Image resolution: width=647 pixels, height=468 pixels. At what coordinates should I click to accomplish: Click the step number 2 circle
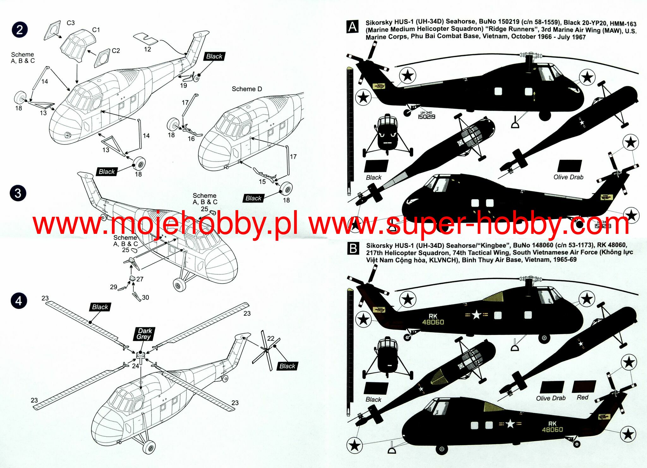click(20, 30)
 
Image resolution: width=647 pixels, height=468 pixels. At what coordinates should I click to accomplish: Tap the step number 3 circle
click(18, 193)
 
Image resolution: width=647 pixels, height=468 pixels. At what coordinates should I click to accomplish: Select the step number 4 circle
click(19, 301)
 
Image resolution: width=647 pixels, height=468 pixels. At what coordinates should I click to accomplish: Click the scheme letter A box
click(353, 27)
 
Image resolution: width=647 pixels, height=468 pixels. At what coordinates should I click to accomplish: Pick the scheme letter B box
click(353, 249)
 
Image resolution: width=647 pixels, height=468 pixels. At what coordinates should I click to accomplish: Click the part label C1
click(96, 30)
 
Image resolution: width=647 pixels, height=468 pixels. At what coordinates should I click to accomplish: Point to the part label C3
click(71, 23)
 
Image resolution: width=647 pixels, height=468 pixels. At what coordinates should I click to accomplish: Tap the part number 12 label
click(148, 49)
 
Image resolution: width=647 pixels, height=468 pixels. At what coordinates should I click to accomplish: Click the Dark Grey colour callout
click(144, 334)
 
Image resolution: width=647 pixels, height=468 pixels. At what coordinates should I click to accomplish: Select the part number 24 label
click(136, 366)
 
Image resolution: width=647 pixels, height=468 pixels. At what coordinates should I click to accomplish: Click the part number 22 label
click(271, 338)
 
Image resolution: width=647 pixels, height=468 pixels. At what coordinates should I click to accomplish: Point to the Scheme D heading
click(247, 89)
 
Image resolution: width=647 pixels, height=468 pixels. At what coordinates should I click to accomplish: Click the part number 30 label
click(145, 297)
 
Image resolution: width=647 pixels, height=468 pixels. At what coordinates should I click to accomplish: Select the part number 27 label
click(140, 279)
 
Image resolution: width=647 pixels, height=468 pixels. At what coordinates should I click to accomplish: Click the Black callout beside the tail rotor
click(287, 366)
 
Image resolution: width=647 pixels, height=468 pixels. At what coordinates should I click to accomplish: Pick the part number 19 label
click(184, 85)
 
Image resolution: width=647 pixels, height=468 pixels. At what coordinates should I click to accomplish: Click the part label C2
click(116, 51)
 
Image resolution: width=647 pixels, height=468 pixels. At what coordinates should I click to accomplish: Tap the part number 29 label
click(113, 287)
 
